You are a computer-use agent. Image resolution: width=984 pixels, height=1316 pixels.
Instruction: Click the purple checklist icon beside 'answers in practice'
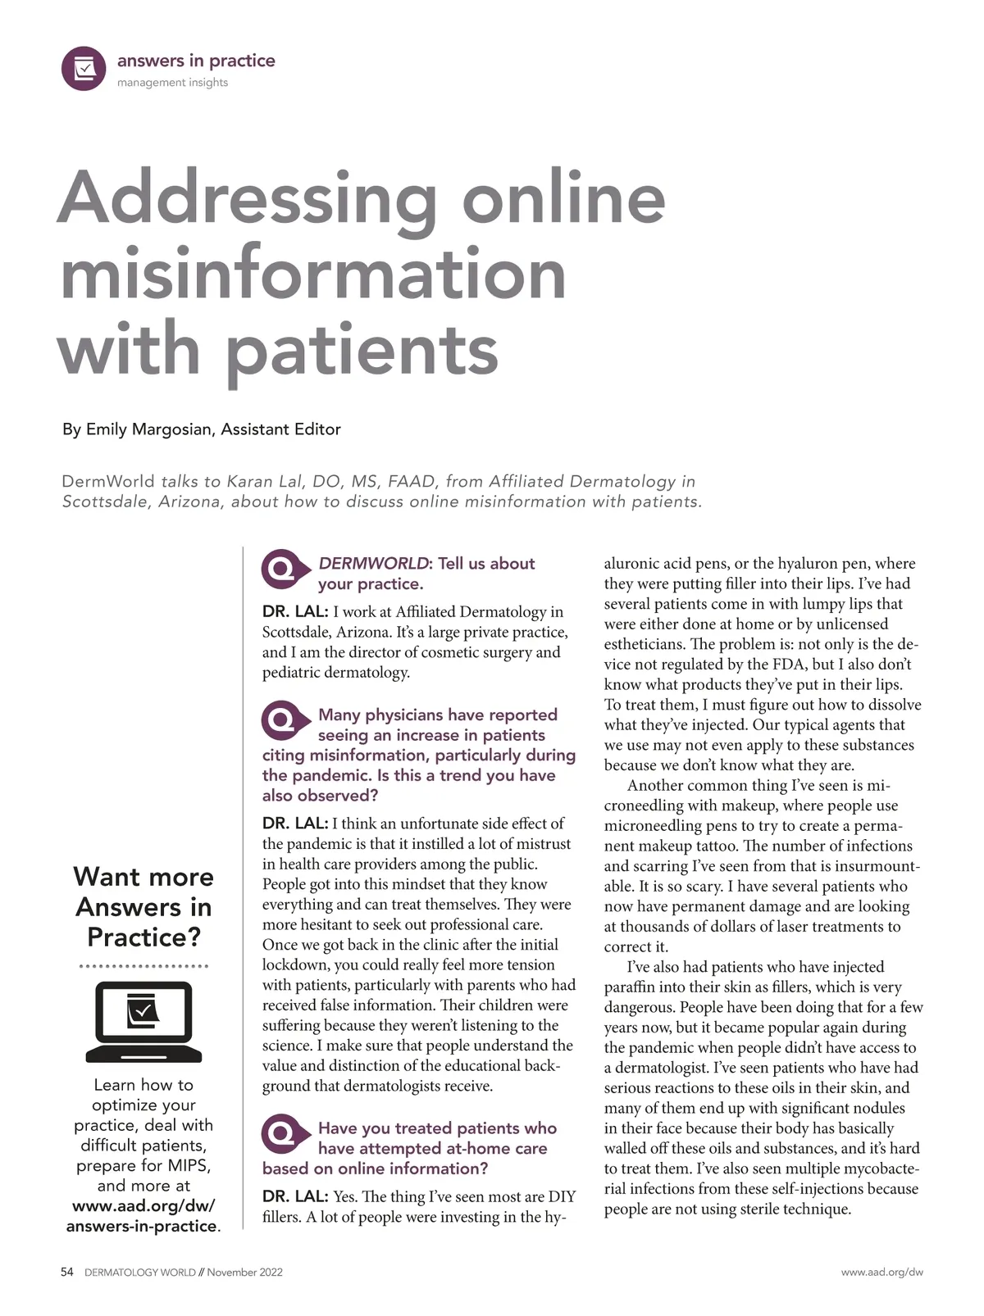84,69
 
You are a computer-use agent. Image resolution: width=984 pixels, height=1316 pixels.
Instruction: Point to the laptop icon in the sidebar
143,1022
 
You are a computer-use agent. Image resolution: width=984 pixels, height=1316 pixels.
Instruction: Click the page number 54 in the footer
67,1272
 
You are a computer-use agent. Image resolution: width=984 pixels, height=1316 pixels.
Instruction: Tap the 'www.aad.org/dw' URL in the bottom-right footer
881,1272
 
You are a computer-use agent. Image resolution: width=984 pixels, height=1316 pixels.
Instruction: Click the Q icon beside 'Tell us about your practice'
281,569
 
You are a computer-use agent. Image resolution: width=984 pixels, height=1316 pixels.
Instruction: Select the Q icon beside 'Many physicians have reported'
281,720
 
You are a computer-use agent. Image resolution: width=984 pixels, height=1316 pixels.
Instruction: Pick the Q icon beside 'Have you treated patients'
281,1133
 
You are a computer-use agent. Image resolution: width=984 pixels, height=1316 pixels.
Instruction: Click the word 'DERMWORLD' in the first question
373,564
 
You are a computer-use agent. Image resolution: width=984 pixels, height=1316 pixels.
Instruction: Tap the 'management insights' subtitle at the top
172,83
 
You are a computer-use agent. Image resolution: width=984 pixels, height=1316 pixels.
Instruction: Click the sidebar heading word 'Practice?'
143,937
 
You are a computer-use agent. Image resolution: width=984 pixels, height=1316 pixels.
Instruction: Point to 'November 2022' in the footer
244,1272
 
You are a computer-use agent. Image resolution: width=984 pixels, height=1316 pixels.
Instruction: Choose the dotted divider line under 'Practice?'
143,967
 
